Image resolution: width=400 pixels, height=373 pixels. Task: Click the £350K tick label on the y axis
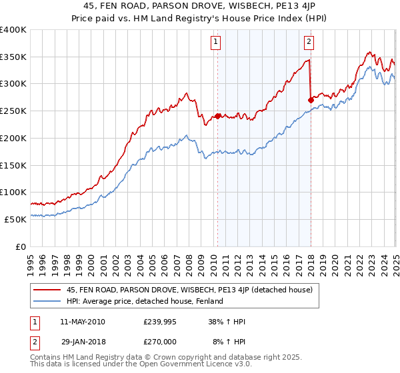point(13,57)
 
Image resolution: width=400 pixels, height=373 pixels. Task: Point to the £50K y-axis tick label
point(15,219)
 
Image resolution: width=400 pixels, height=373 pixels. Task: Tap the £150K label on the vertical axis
point(13,165)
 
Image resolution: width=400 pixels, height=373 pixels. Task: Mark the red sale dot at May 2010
point(217,116)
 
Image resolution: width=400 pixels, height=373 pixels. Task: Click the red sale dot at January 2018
point(311,100)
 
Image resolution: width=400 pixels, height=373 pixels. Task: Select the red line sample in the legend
point(48,290)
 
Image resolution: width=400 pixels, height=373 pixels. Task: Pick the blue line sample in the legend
point(48,301)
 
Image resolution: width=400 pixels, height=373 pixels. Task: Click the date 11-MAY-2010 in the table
point(82,322)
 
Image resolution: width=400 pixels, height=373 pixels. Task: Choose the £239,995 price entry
point(159,322)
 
